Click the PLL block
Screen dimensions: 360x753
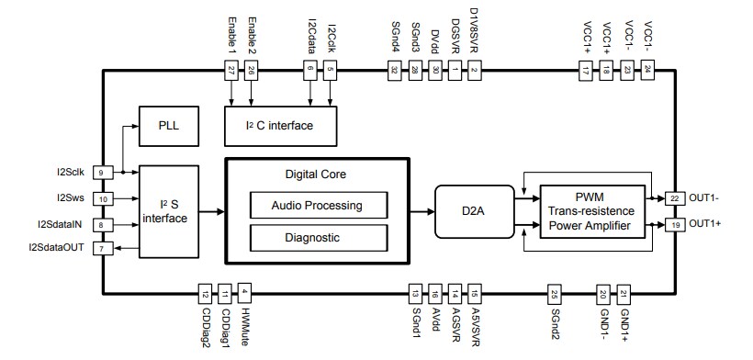(170, 125)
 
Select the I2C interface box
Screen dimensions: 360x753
(281, 125)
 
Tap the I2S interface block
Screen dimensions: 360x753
(170, 210)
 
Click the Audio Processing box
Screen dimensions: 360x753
(319, 205)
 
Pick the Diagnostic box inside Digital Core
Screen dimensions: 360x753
(319, 237)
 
